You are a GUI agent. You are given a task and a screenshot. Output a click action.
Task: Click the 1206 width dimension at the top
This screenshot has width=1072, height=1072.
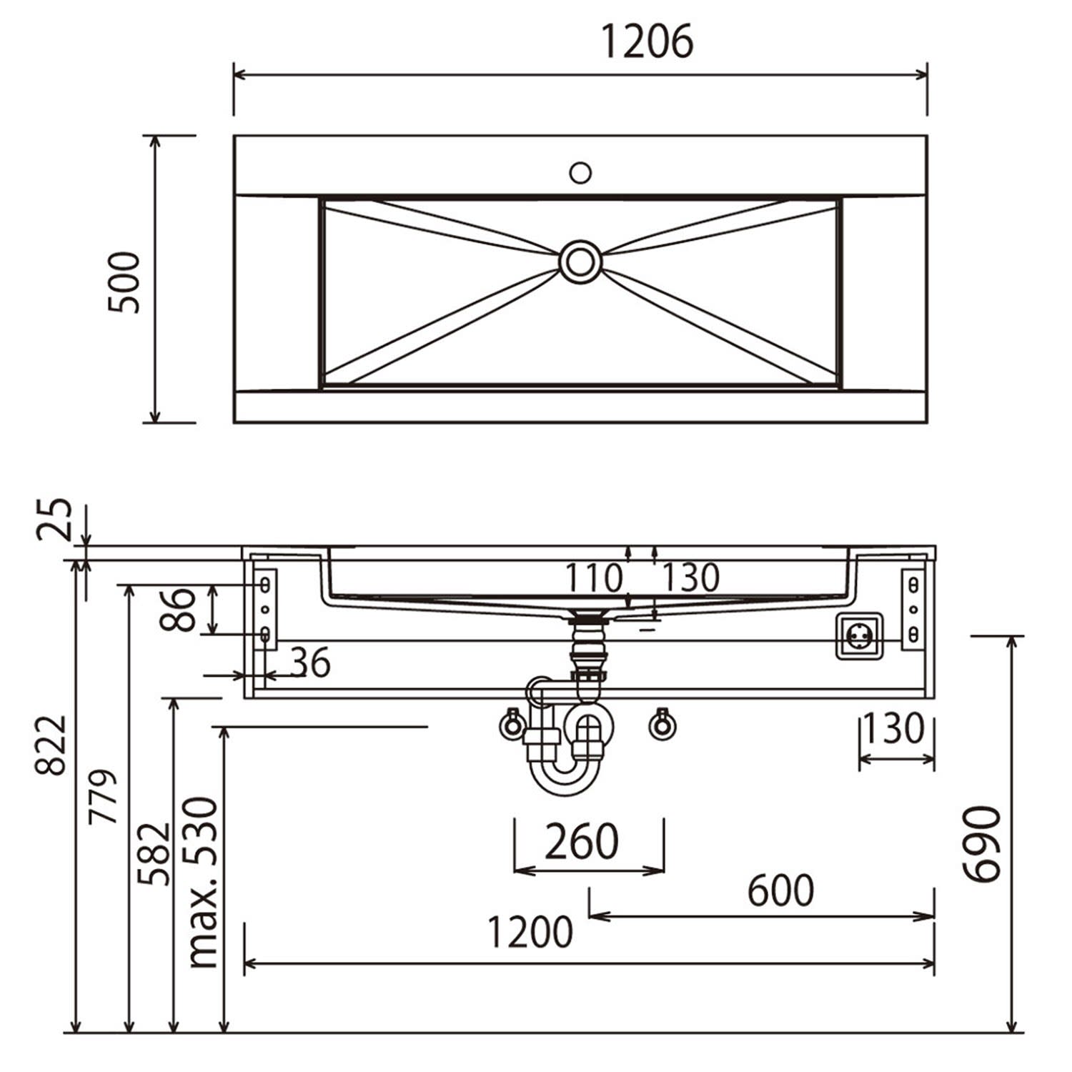(647, 41)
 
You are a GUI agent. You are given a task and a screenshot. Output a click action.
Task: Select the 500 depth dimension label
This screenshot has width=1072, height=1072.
(124, 282)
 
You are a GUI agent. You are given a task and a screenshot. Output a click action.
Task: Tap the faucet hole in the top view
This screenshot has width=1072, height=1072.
(580, 172)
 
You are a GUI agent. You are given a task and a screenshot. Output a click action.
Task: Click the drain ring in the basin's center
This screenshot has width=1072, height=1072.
(580, 262)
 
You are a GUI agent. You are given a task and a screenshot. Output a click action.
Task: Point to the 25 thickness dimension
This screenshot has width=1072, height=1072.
(55, 518)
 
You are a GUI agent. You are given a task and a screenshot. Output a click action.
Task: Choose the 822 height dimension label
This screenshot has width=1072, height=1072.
(51, 745)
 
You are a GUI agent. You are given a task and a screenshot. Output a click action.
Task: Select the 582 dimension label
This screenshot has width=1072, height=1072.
(154, 854)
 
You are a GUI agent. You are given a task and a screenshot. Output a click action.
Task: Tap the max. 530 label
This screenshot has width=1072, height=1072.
(202, 883)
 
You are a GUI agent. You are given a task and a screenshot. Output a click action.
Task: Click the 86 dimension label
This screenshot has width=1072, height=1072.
(178, 610)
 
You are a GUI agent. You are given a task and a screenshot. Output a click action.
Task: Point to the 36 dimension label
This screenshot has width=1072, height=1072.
(311, 663)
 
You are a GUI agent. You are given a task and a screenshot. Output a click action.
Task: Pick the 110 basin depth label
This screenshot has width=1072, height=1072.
(594, 577)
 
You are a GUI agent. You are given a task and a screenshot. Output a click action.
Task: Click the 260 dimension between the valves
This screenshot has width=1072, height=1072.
(582, 841)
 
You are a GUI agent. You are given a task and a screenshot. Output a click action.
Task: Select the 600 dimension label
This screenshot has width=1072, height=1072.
(780, 890)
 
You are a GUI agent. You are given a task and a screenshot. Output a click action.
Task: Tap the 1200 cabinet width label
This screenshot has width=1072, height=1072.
(530, 932)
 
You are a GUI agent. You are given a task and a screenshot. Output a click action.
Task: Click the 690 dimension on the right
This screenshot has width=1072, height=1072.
(983, 844)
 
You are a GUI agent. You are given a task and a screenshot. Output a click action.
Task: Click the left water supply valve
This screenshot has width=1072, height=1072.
(512, 724)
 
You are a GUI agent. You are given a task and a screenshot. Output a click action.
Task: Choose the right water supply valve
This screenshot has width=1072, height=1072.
(662, 724)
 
